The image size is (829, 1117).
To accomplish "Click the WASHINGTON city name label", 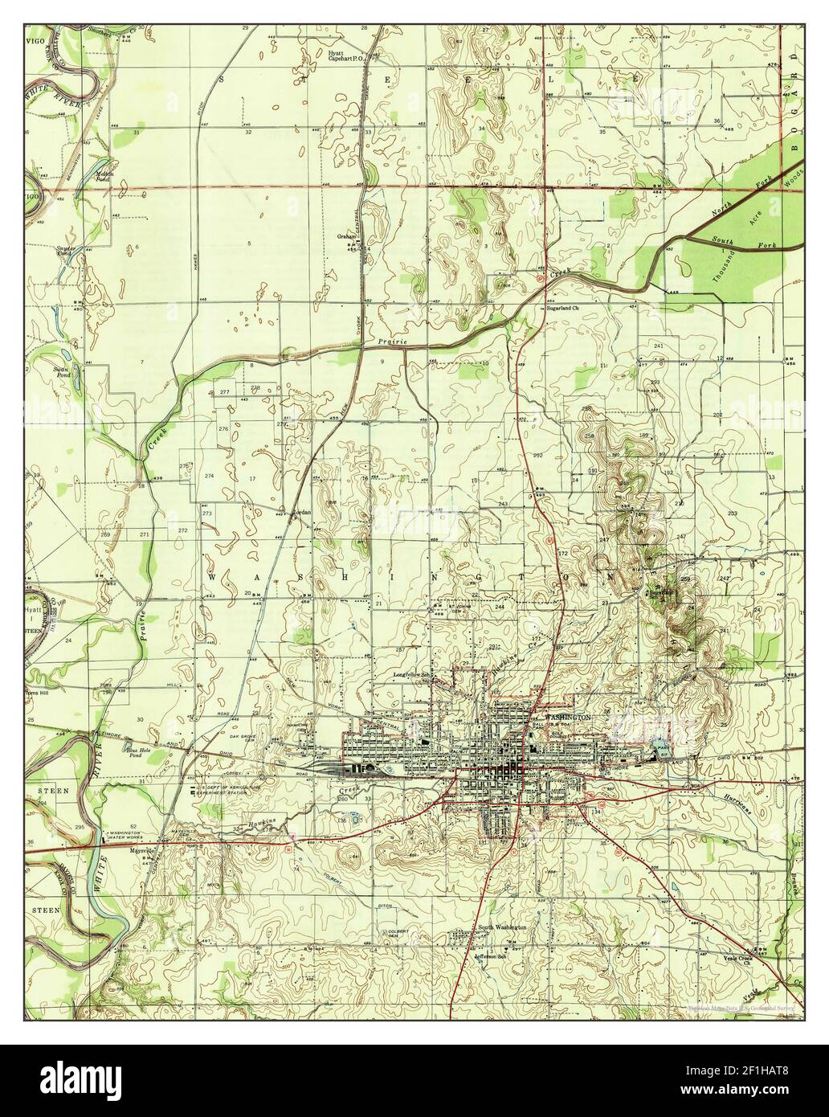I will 567,716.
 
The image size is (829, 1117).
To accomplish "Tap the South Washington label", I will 502,927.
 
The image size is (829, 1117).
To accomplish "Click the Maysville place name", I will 141,849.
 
